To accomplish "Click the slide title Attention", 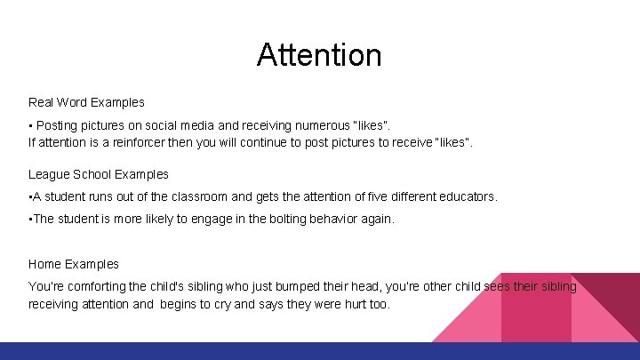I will click(319, 55).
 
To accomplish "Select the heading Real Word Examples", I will click(86, 103).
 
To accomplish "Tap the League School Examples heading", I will click(98, 174).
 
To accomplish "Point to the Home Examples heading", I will click(73, 264).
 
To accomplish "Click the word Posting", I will click(57, 126).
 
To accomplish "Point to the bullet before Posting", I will click(31, 126).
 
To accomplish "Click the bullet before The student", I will click(30, 219).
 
